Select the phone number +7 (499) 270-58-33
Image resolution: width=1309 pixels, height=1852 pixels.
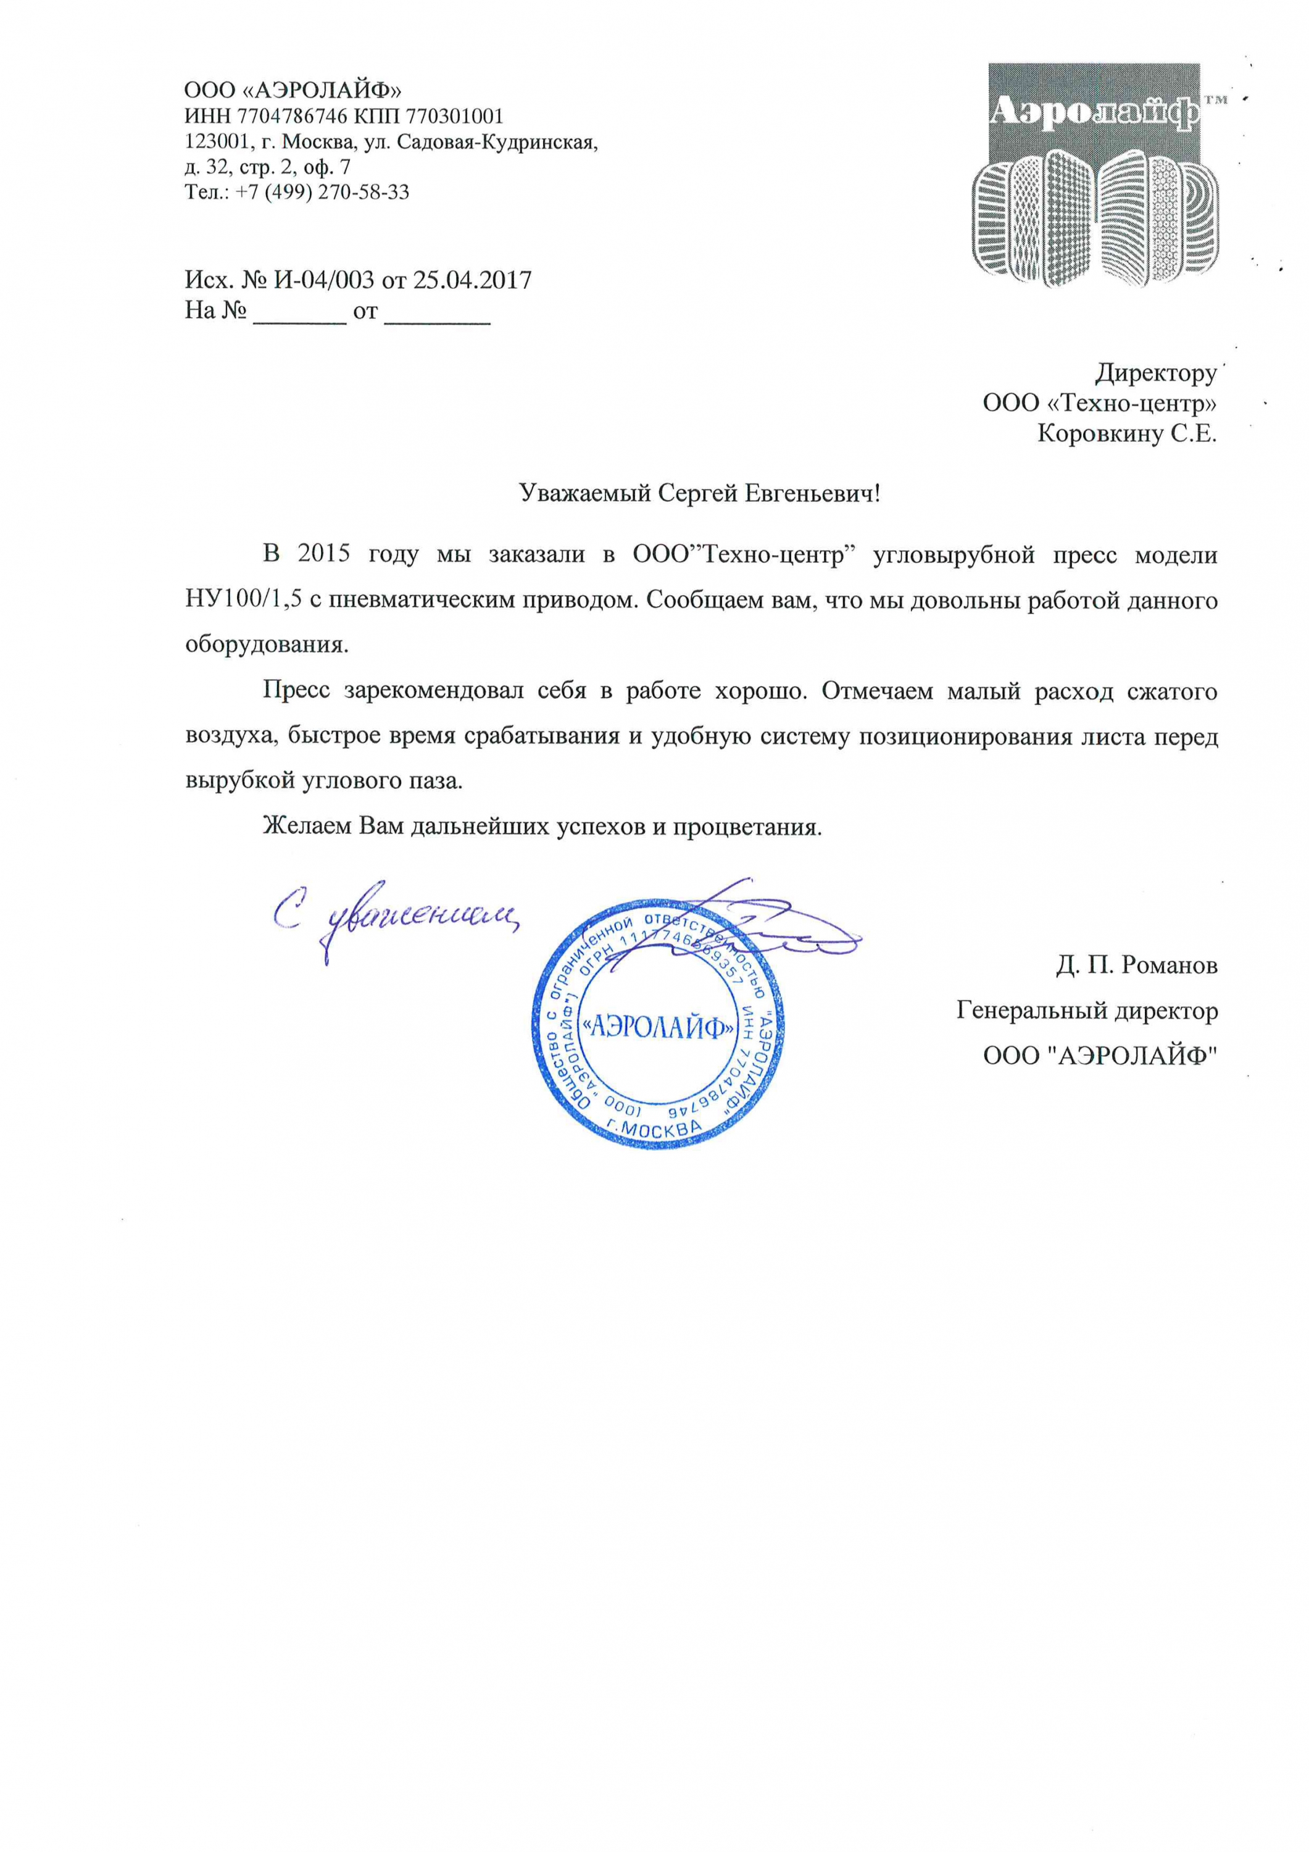323,192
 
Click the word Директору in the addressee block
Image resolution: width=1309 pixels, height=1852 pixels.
1155,373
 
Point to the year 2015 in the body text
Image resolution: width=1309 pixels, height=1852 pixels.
323,555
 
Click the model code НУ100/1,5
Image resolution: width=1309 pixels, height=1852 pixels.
244,600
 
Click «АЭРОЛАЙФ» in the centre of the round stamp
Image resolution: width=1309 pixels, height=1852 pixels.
658,1027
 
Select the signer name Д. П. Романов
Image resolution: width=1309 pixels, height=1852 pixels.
1136,965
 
